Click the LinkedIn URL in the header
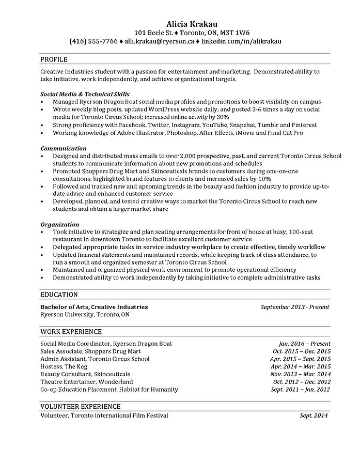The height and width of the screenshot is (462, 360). (245, 40)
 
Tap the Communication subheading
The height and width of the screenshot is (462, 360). (64, 148)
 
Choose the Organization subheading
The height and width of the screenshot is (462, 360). (60, 225)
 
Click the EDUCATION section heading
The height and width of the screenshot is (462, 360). (59, 295)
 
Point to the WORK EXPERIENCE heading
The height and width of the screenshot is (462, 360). (71, 331)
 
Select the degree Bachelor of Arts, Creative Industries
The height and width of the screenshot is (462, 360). (94, 307)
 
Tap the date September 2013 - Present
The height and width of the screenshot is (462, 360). (295, 307)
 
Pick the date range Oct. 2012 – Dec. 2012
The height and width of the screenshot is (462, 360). (301, 382)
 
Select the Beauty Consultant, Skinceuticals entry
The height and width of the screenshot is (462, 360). (85, 374)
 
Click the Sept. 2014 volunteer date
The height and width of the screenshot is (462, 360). (314, 415)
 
